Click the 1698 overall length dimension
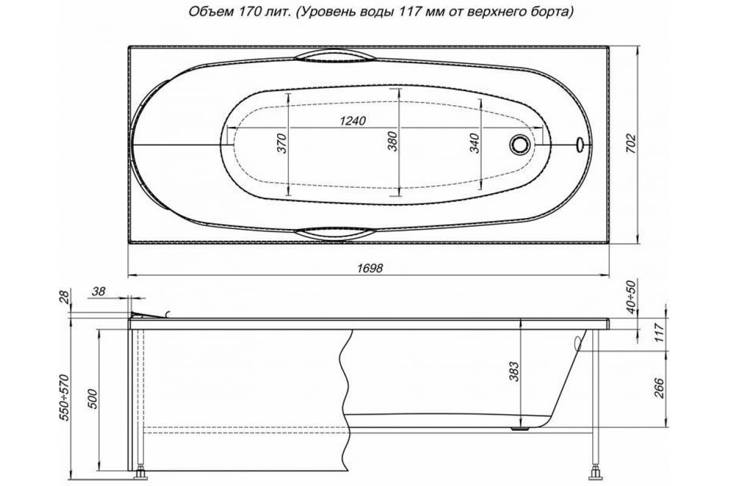369,268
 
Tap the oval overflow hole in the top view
580,145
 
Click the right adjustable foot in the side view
595,471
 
